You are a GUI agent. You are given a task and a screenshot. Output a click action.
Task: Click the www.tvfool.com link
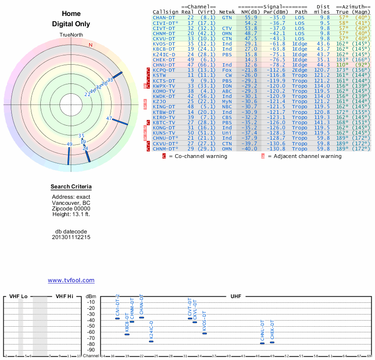71,280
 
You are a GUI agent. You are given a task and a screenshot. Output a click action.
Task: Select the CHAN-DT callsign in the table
164,17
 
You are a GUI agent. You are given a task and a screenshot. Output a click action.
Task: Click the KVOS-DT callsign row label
164,44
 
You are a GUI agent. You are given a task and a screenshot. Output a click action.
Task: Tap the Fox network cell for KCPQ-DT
227,70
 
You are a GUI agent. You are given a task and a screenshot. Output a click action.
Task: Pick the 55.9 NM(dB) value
251,17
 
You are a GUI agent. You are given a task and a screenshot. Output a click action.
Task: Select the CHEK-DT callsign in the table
164,60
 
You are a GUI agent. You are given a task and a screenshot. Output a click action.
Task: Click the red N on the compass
90,45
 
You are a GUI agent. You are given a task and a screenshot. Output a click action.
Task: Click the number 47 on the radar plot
109,119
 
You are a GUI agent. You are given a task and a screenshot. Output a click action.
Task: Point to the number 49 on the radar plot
70,144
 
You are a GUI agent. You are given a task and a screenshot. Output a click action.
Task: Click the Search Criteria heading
71,187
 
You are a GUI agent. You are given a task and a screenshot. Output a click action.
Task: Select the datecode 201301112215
71,237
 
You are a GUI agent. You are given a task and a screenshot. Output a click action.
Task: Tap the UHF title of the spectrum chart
235,297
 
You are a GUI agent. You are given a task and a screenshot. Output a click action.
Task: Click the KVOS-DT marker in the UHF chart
204,333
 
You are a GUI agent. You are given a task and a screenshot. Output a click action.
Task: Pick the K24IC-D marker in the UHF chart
151,341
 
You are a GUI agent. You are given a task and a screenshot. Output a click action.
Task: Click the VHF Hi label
64,297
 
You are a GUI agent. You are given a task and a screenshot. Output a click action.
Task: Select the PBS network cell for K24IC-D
227,54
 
